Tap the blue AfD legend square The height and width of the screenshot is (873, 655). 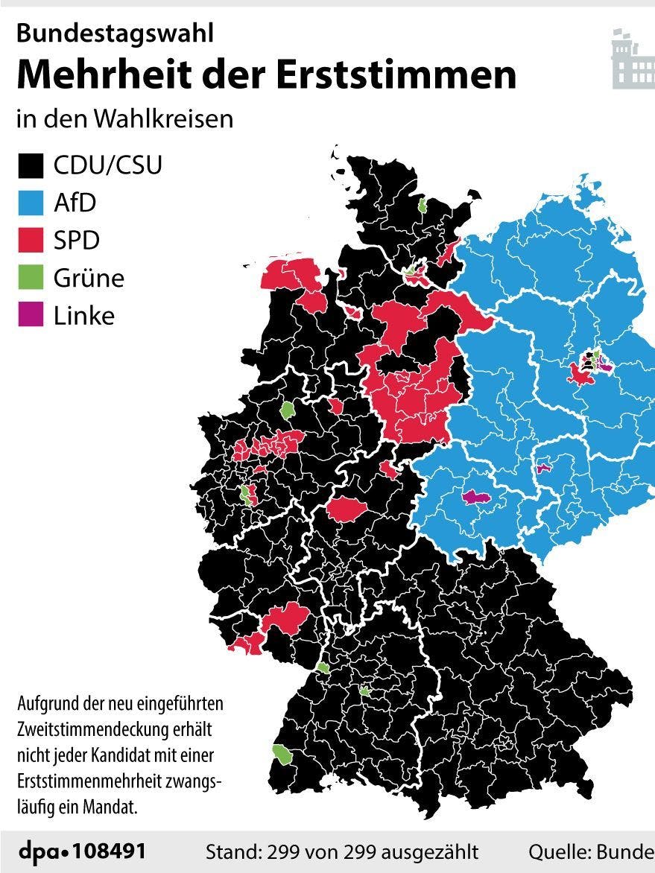click(31, 203)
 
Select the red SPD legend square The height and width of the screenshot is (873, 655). click(31, 241)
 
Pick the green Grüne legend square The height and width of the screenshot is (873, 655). click(31, 278)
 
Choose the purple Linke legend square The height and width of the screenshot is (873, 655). click(31, 315)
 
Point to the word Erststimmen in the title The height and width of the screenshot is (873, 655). click(414, 74)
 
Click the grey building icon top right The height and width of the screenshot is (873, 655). click(632, 60)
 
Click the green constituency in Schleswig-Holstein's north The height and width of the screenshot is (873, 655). click(422, 205)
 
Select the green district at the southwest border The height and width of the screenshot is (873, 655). click(283, 754)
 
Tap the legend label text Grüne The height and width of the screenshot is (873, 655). click(89, 278)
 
